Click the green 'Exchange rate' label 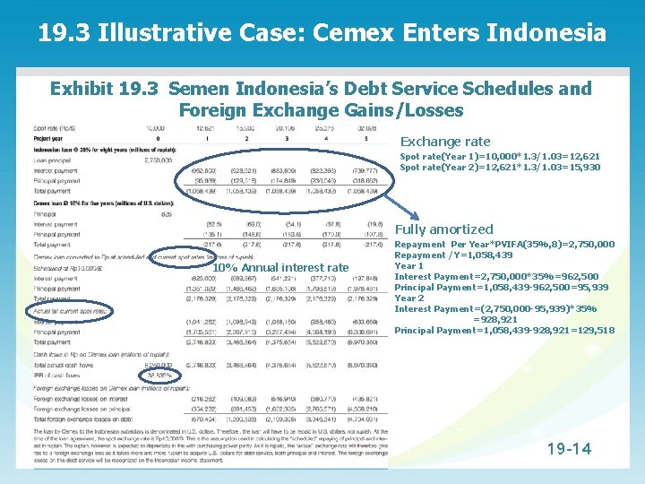coord(445,142)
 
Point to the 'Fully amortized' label coord(444,229)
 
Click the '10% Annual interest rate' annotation coord(280,267)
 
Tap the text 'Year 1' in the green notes coord(409,266)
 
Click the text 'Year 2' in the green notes coord(409,298)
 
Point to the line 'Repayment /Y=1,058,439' coord(453,255)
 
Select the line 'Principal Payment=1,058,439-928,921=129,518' coord(504,330)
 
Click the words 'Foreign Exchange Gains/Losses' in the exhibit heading coord(321,111)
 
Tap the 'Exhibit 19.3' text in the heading coord(104,89)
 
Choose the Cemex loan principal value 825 coord(167,214)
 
